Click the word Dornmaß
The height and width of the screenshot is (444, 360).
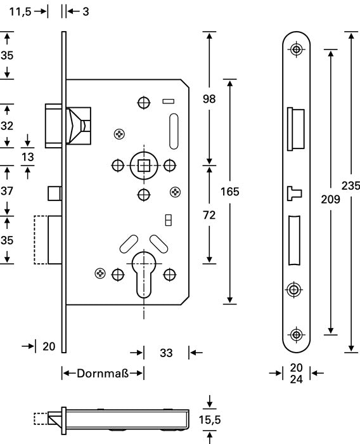[x=103, y=373]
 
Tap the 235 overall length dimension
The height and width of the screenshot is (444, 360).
[x=350, y=186]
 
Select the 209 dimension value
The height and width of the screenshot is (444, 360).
[x=330, y=199]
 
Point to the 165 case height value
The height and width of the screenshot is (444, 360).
[x=230, y=192]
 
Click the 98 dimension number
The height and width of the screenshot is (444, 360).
[x=209, y=99]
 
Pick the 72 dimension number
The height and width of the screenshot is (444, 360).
[x=209, y=215]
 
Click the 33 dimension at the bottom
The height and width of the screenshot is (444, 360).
[x=166, y=353]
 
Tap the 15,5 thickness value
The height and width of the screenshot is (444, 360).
[x=209, y=420]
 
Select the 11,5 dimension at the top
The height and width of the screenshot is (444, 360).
[x=20, y=12]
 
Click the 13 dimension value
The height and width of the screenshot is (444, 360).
[x=27, y=157]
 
